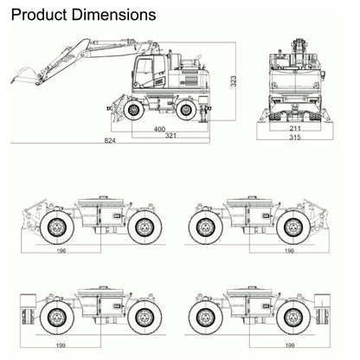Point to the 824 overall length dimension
pyautogui.click(x=110, y=141)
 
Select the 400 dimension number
pyautogui.click(x=159, y=129)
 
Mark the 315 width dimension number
pyautogui.click(x=296, y=137)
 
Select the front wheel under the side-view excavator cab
pyautogui.click(x=135, y=110)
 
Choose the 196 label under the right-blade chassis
pyautogui.click(x=288, y=251)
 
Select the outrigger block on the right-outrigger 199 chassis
pyautogui.click(x=324, y=307)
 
